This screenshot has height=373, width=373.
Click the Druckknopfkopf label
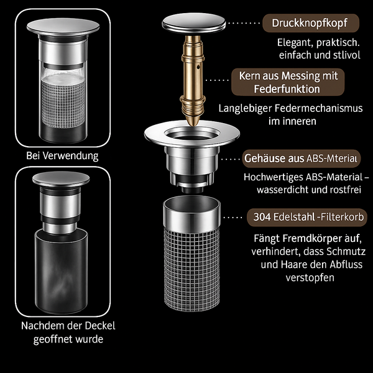(311, 23)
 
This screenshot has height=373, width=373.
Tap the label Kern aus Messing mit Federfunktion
(288, 82)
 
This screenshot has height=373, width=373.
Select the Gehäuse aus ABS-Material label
(301, 159)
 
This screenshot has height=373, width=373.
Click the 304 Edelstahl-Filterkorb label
(307, 217)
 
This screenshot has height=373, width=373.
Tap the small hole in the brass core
(198, 67)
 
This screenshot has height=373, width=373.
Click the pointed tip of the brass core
(193, 125)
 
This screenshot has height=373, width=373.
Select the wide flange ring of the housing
(191, 134)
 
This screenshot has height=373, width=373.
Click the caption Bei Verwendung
(62, 156)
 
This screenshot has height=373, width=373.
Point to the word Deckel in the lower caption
(100, 326)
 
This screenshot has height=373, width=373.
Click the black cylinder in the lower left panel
(62, 271)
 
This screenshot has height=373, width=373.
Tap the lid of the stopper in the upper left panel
(63, 26)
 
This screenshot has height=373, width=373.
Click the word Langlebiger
(246, 109)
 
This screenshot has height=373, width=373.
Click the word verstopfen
(310, 278)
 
